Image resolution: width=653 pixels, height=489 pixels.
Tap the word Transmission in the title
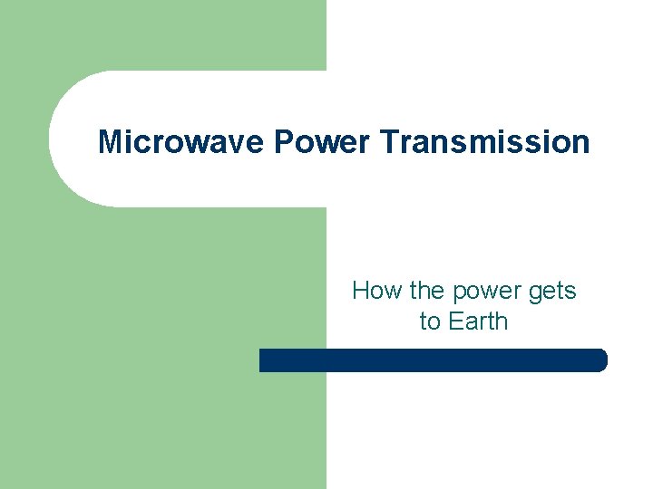coord(484,141)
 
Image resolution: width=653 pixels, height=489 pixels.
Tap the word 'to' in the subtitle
coord(429,321)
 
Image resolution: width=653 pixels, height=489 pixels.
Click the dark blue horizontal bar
coord(433,360)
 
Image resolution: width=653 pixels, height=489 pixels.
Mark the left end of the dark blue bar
coord(263,360)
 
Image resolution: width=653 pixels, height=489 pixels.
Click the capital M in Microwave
coord(109,141)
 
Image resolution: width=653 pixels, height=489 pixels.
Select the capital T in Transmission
coord(390,141)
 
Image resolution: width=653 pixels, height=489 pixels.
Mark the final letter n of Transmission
coord(580,144)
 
